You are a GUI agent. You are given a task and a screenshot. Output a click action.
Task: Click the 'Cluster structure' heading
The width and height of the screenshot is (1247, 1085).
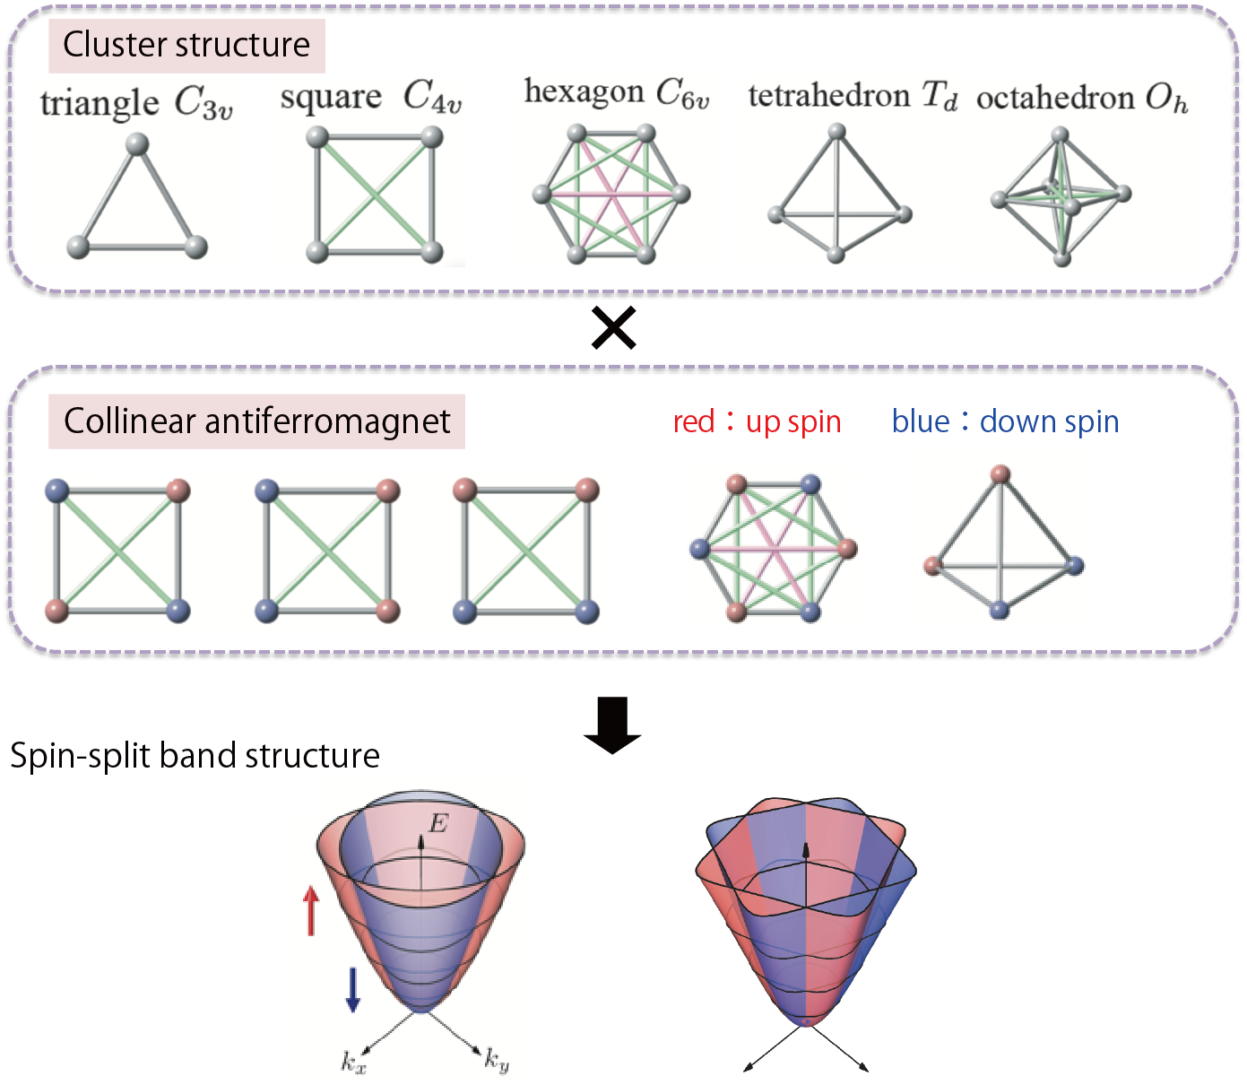[x=186, y=45]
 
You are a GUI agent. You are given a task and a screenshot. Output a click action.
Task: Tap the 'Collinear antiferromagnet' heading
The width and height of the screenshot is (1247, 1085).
[x=256, y=421]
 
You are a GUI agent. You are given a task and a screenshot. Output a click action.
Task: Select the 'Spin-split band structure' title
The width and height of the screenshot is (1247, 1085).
[x=195, y=756]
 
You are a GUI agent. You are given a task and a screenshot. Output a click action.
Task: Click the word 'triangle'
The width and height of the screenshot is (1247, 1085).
[x=100, y=103]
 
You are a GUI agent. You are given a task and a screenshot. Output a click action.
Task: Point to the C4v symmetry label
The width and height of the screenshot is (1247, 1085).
[x=432, y=97]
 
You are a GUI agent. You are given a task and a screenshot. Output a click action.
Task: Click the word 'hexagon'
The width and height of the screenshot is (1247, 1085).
[x=584, y=92]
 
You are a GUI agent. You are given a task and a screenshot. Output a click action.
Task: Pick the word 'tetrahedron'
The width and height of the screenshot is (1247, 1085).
[x=829, y=96]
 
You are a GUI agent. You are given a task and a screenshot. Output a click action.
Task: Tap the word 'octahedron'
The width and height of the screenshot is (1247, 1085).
[x=1055, y=98]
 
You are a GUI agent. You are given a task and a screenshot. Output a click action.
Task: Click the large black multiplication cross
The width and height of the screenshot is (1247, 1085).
[x=614, y=328]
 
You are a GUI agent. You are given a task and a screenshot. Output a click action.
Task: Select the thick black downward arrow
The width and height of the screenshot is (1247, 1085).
[x=612, y=725]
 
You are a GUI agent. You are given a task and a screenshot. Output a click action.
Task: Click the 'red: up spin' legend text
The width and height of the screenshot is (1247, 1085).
[x=757, y=421]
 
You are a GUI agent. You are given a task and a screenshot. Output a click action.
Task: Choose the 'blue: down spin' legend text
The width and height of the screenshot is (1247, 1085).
[x=1006, y=421]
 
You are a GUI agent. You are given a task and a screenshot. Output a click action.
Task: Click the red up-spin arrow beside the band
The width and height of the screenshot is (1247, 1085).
[x=311, y=910]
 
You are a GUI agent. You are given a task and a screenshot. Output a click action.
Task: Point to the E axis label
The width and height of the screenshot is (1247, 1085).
[x=438, y=823]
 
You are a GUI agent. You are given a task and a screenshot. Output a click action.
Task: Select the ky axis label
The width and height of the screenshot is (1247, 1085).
[x=497, y=1060]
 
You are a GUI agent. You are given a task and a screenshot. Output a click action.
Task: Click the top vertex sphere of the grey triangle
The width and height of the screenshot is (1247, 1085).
[x=137, y=145]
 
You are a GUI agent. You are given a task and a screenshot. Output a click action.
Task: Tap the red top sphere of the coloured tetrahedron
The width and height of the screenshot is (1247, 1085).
[x=1000, y=474]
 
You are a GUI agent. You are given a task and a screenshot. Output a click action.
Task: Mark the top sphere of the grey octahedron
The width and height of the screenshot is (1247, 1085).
[x=1061, y=135]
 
